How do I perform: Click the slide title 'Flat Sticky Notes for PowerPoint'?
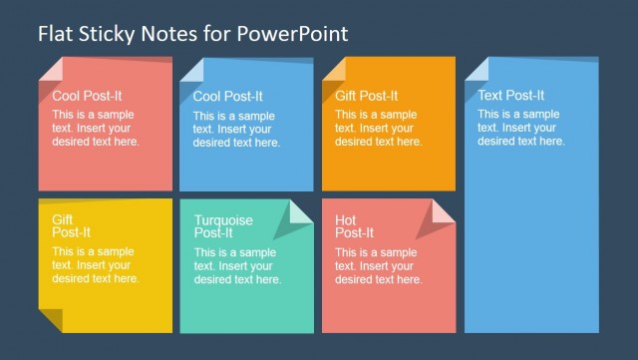pyautogui.click(x=193, y=33)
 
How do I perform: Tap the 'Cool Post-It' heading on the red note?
pyautogui.click(x=87, y=96)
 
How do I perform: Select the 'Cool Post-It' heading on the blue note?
pyautogui.click(x=228, y=97)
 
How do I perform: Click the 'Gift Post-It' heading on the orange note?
pyautogui.click(x=366, y=96)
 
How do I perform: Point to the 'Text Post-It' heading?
pyautogui.click(x=510, y=96)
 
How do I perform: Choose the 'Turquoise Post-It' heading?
pyautogui.click(x=223, y=226)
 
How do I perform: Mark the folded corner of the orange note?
pyautogui.click(x=334, y=70)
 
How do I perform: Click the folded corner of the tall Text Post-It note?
pyautogui.click(x=477, y=69)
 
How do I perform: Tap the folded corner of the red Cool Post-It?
pyautogui.click(x=50, y=70)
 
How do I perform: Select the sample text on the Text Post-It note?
pyautogui.click(x=520, y=128)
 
